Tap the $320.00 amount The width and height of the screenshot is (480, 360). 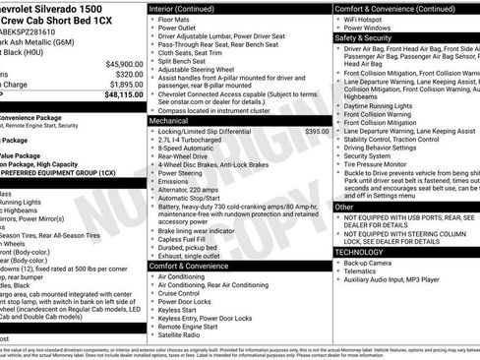tap(124, 74)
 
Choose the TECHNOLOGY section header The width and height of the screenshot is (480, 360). tap(360, 251)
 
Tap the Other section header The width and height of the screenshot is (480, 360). tap(344, 207)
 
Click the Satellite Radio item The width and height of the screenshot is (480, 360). tap(180, 335)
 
